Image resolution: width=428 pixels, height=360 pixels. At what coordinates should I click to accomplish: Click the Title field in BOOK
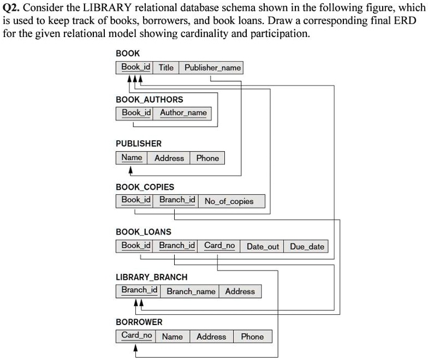[x=166, y=68]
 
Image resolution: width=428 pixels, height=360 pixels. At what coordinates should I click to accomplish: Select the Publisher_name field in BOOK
[x=212, y=68]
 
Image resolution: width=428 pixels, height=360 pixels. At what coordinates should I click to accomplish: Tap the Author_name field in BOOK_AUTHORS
[x=183, y=113]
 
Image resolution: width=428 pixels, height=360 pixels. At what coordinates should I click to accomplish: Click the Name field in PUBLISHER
[x=132, y=158]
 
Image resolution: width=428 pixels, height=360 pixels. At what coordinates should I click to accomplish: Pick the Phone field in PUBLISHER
[x=207, y=158]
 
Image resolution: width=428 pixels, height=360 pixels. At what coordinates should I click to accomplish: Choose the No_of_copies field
[x=229, y=201]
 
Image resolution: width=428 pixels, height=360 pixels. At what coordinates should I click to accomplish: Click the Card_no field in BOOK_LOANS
[x=219, y=245]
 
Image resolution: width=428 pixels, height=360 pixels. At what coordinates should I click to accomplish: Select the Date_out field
[x=263, y=247]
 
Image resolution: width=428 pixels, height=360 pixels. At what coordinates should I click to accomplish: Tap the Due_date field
[x=307, y=247]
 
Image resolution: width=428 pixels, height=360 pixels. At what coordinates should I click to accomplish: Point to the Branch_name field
[x=191, y=291]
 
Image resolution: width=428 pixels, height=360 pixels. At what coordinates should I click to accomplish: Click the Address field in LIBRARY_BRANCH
[x=240, y=291]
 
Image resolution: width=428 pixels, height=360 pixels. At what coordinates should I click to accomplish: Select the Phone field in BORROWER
[x=252, y=337]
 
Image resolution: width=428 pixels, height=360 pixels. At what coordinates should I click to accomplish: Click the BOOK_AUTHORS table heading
[x=149, y=99]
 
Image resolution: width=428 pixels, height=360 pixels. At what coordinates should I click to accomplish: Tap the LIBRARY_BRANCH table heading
[x=151, y=277]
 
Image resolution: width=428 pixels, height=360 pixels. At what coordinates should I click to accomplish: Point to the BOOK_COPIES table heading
[x=145, y=187]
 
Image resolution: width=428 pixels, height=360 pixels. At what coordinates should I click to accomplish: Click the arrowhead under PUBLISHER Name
[x=130, y=170]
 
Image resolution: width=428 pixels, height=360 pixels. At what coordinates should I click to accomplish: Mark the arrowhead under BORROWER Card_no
[x=135, y=348]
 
